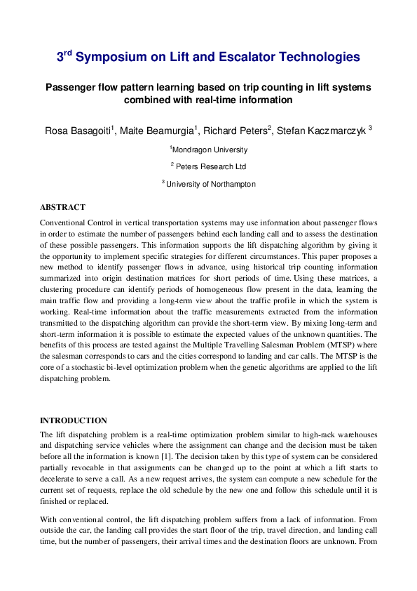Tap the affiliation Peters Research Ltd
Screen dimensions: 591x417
click(210, 166)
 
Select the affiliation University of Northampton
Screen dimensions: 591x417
click(210, 184)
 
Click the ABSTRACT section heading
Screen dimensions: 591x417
click(62, 207)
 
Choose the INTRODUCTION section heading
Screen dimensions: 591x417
click(74, 420)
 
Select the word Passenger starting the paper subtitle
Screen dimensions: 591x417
click(70, 88)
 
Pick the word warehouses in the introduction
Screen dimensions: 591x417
click(356, 434)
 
